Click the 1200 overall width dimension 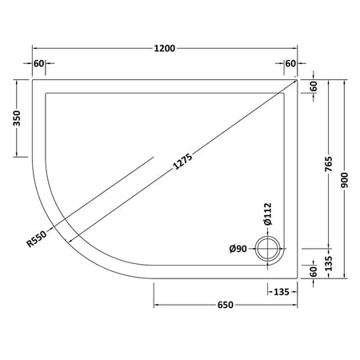(x=165, y=49)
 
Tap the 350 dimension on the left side (x=17, y=118)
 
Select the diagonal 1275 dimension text (x=182, y=162)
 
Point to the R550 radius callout (x=37, y=238)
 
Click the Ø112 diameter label (x=268, y=214)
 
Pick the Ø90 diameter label (x=238, y=249)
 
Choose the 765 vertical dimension (x=329, y=164)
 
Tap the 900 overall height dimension (x=345, y=180)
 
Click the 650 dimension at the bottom (x=226, y=305)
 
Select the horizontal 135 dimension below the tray (x=282, y=292)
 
